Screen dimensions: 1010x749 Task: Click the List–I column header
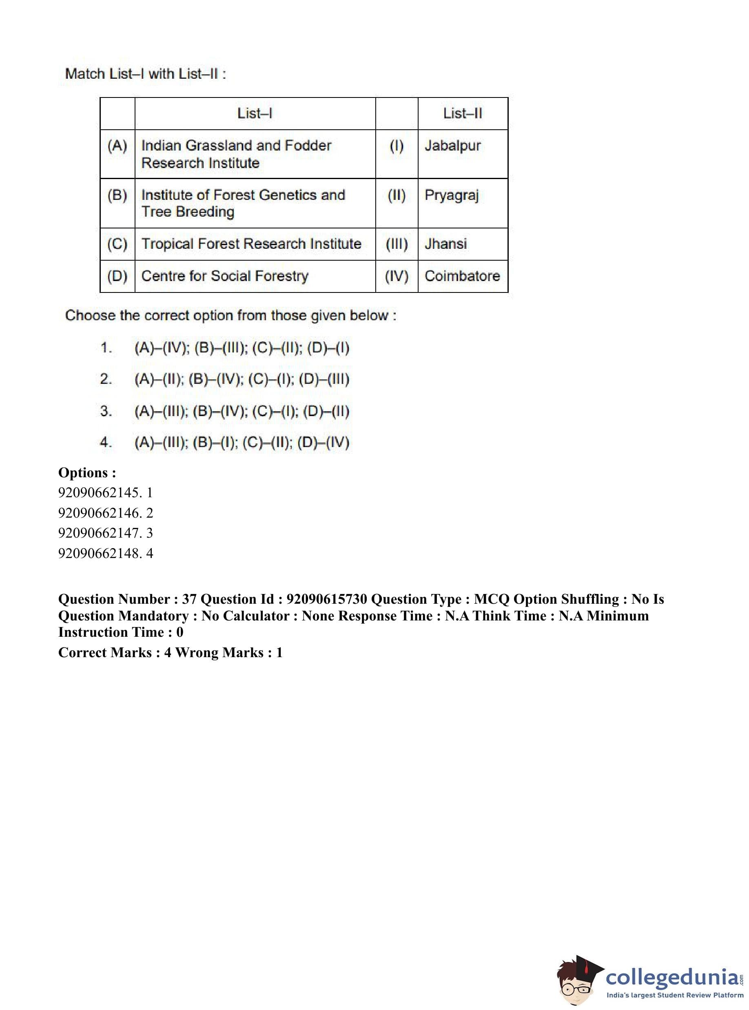tap(255, 113)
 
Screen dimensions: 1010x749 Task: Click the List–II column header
tap(463, 113)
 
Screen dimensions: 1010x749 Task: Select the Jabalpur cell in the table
tap(452, 146)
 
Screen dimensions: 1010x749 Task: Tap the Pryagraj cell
tap(452, 195)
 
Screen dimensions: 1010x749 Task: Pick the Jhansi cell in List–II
tap(445, 244)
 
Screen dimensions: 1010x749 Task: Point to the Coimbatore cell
tap(462, 276)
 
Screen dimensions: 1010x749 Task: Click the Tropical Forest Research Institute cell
tap(251, 244)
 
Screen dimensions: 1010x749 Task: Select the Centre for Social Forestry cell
tap(225, 276)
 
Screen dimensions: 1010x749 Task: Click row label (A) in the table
tap(117, 146)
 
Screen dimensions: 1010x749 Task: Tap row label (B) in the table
tap(117, 195)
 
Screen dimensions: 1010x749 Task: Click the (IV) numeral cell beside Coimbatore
tap(396, 276)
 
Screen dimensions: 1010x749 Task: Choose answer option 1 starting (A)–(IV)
tap(242, 348)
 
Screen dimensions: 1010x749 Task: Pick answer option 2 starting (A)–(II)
tap(242, 379)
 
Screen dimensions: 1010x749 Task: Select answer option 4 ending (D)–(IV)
tap(242, 443)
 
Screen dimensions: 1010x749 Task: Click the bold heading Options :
tap(87, 473)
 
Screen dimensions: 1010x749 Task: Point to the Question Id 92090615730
tap(326, 599)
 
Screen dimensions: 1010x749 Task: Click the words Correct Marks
tap(105, 653)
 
